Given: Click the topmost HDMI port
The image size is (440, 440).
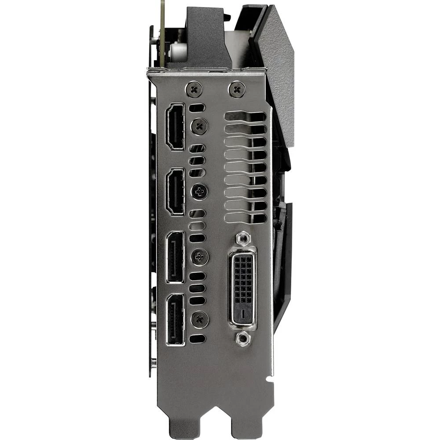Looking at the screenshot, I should click(x=175, y=127).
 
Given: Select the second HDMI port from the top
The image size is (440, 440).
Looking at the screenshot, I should click(x=175, y=191).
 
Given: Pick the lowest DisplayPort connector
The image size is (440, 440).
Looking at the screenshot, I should click(x=175, y=319).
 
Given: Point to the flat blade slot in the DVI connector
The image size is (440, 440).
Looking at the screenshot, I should click(x=242, y=314).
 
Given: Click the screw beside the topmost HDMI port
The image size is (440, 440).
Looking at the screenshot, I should click(x=198, y=127).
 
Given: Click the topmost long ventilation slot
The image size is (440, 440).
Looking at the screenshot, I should click(x=246, y=117).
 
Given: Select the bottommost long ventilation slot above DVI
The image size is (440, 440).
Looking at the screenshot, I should click(x=246, y=218).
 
